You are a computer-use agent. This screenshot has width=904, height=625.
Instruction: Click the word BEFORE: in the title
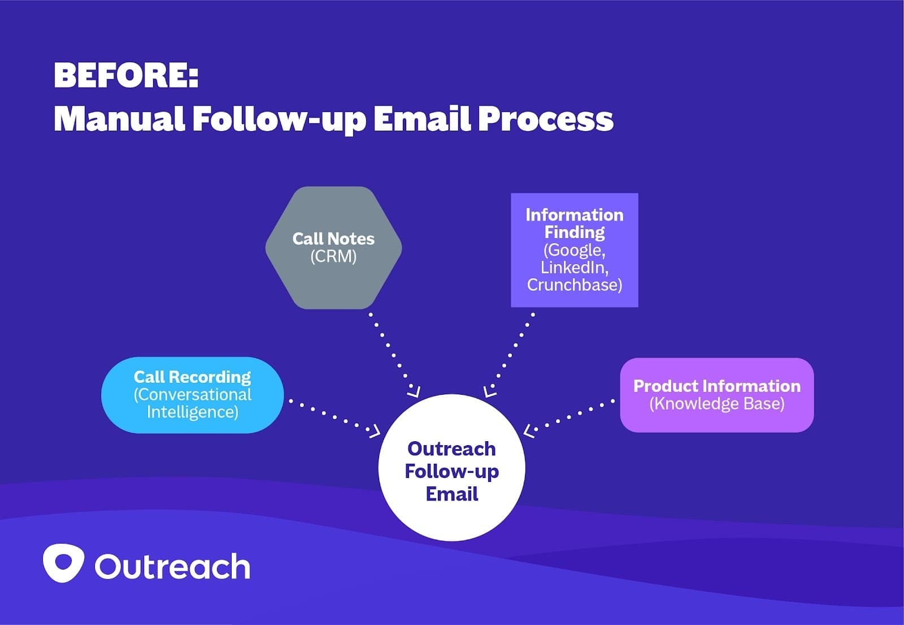(126, 75)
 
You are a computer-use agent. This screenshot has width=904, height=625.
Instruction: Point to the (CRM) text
(333, 257)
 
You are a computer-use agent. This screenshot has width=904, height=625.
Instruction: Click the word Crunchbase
(575, 285)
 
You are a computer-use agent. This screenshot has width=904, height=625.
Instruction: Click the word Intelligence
(193, 412)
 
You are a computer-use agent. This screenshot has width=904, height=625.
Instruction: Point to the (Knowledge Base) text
(717, 404)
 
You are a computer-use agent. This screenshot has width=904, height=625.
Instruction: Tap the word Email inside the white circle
(452, 494)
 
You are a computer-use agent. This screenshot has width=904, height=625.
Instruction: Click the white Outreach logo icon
(63, 563)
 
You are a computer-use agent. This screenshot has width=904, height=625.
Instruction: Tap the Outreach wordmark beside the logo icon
(172, 567)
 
